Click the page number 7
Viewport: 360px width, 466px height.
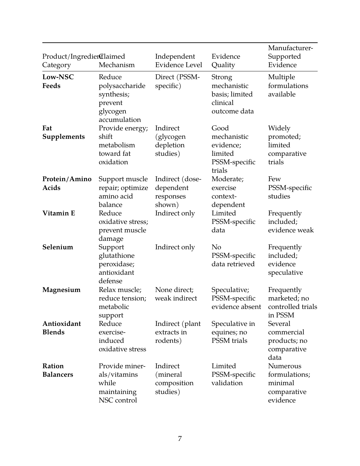coord(180,439)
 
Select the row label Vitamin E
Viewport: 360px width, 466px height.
coord(59,213)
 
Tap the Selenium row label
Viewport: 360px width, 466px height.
coord(58,247)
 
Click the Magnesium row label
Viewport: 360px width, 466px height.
coord(61,290)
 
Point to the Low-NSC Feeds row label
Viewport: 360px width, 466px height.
coord(58,81)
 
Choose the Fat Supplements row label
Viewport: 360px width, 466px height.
coord(64,132)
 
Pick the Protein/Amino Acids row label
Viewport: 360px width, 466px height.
coord(67,183)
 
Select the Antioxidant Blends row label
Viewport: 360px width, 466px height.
coord(62,328)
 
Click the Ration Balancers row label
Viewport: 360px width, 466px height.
coord(58,370)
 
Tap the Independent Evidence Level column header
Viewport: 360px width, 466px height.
coord(179,61)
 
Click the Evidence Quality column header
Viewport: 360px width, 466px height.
coord(226,61)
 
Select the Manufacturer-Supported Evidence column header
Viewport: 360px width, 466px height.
coord(290,56)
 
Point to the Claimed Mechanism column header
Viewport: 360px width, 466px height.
coord(117,61)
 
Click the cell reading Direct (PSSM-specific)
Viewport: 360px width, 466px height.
coord(177,81)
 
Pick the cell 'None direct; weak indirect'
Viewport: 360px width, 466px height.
coord(176,294)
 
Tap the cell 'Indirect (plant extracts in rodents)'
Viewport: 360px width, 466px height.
coord(178,332)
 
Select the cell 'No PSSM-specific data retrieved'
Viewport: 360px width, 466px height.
coord(233,255)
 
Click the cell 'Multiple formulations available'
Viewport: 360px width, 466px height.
coord(288,86)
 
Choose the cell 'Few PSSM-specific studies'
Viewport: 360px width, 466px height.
coord(290,188)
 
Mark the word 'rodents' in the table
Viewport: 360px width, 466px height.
coord(168,341)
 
